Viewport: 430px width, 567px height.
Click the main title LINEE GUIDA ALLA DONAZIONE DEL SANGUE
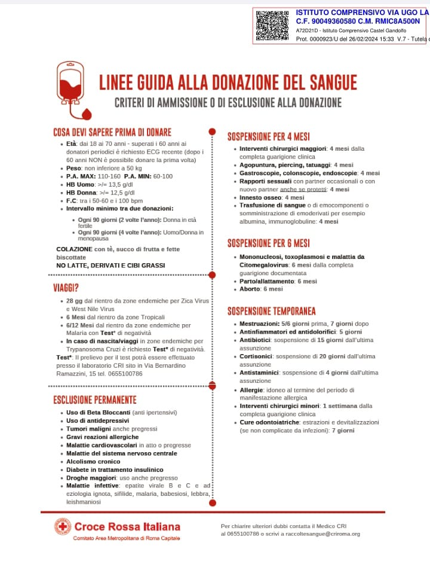click(x=228, y=81)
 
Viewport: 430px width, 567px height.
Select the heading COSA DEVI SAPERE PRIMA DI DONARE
click(x=112, y=132)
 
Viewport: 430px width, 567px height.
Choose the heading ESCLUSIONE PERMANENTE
click(x=95, y=400)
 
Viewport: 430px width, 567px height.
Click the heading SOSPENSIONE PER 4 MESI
click(x=268, y=136)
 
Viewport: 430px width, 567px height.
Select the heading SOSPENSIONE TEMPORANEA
click(x=271, y=311)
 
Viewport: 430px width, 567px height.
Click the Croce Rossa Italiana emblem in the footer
click(x=63, y=526)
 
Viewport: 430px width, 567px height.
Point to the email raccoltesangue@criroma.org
click(x=322, y=534)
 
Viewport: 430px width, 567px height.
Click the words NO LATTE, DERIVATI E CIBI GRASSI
click(x=110, y=265)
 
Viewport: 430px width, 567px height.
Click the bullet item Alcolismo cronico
click(x=93, y=462)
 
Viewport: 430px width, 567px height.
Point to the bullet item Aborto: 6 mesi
click(x=261, y=289)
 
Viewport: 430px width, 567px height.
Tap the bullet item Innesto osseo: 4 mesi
click(x=272, y=197)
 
